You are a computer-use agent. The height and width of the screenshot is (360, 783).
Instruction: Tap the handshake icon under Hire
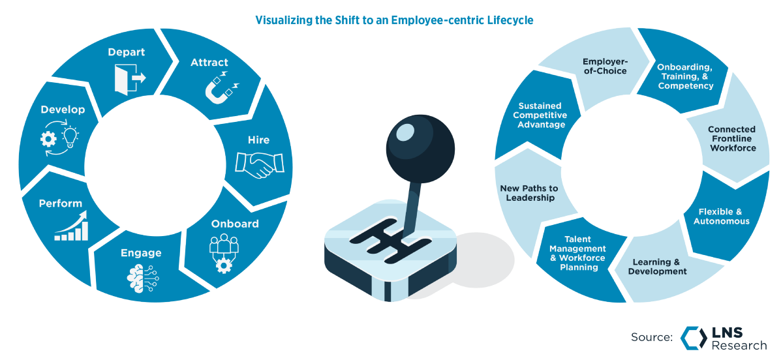pyautogui.click(x=260, y=164)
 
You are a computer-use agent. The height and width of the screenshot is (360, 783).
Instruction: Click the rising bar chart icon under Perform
pyautogui.click(x=70, y=226)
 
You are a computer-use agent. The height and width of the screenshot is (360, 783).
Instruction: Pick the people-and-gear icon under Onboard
pyautogui.click(x=224, y=251)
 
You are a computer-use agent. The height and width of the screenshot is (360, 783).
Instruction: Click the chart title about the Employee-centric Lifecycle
pyautogui.click(x=393, y=21)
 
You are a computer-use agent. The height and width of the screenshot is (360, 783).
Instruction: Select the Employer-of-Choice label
pyautogui.click(x=604, y=66)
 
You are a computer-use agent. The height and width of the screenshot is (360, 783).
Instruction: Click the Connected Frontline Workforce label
pyautogui.click(x=732, y=138)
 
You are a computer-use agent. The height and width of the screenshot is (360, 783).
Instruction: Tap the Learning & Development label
pyautogui.click(x=657, y=267)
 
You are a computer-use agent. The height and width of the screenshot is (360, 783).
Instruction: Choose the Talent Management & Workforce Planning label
pyautogui.click(x=577, y=253)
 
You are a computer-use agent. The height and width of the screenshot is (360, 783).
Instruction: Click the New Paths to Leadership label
pyautogui.click(x=529, y=192)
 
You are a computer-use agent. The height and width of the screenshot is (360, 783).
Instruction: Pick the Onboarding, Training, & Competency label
pyautogui.click(x=684, y=76)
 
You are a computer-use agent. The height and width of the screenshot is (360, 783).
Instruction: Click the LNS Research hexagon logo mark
pyautogui.click(x=694, y=337)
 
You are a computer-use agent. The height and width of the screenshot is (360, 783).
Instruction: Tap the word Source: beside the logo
pyautogui.click(x=652, y=337)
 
